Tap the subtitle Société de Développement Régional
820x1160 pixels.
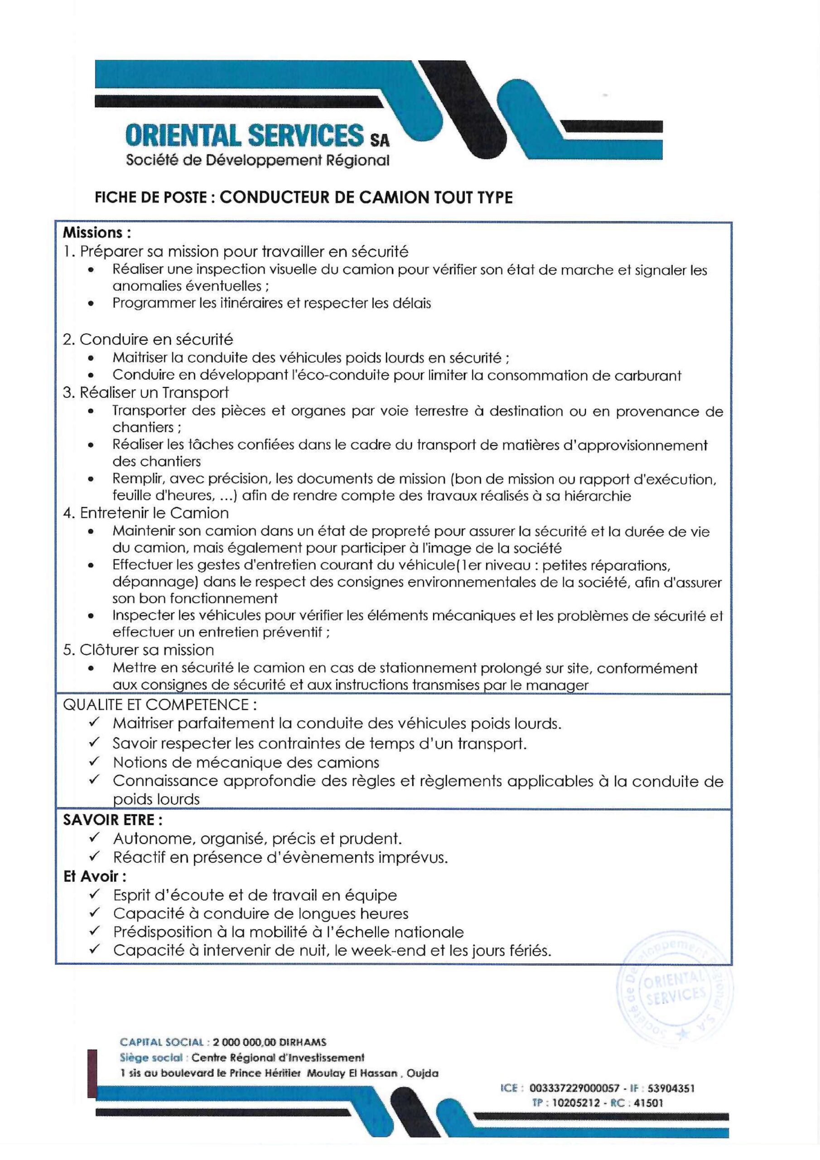click(258, 161)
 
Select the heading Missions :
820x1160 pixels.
click(96, 233)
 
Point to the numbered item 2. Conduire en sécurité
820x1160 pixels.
click(148, 339)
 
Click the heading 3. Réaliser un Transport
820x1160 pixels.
click(145, 392)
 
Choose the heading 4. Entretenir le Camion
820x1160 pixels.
click(145, 513)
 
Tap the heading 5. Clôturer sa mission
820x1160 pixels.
click(138, 650)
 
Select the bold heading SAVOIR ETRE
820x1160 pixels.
click(113, 820)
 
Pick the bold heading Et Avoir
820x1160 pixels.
click(95, 875)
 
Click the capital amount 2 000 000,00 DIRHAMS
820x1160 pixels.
click(270, 1042)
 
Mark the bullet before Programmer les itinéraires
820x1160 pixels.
click(91, 304)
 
